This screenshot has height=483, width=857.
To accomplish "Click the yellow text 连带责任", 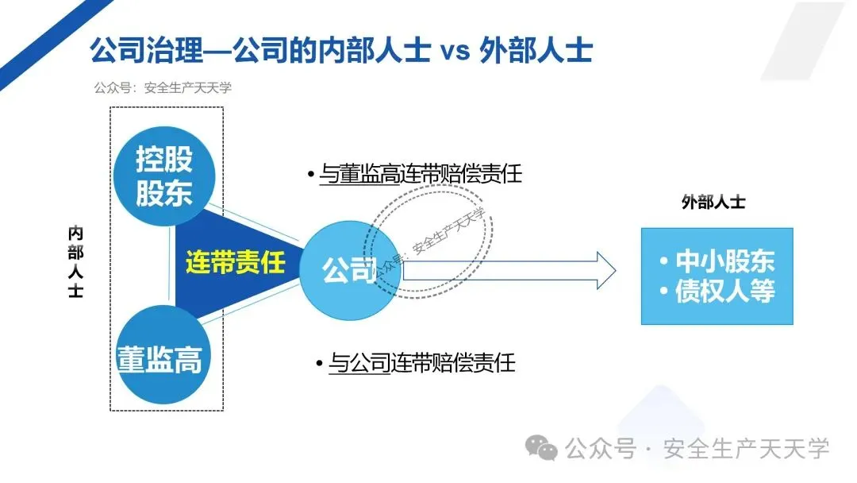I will click(x=235, y=262).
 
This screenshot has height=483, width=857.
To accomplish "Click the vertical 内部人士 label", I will click(x=75, y=262).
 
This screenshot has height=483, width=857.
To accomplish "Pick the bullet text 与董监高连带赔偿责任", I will click(x=420, y=174).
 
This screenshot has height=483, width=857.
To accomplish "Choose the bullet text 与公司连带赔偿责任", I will click(x=421, y=364).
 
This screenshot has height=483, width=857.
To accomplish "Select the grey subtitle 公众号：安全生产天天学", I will click(x=162, y=88).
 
